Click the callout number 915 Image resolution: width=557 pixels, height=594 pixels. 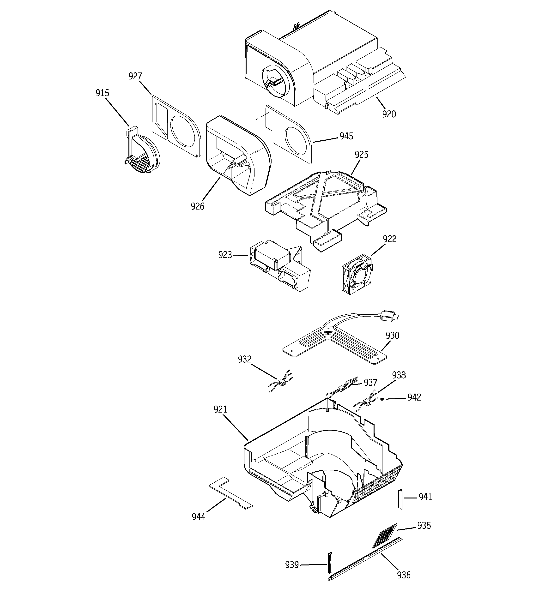102,93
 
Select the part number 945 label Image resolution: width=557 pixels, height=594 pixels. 346,136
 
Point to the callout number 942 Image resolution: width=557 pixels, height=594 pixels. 414,397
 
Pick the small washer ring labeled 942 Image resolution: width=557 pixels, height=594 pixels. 382,399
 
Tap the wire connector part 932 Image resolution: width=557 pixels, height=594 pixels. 281,382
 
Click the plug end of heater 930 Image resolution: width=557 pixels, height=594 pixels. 388,316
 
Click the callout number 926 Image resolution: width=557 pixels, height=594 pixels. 197,206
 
